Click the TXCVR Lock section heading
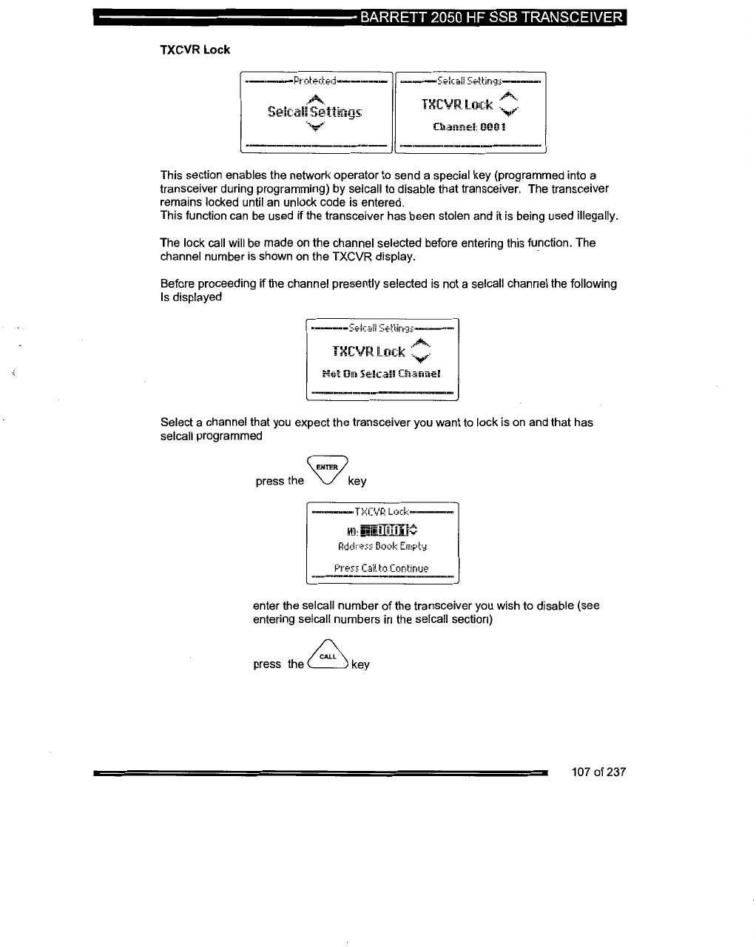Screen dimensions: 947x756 (195, 50)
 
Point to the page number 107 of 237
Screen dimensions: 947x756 (598, 772)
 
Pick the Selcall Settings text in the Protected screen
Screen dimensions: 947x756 (315, 112)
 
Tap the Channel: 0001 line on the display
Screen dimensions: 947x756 (470, 127)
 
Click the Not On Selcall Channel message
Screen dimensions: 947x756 (382, 374)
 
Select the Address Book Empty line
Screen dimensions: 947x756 (382, 547)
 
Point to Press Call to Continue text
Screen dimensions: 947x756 (381, 568)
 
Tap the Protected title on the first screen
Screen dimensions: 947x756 (314, 81)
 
